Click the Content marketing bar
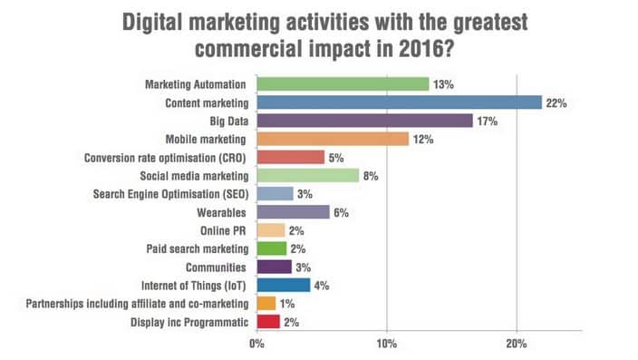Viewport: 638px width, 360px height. [399, 102]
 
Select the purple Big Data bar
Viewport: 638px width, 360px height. [364, 121]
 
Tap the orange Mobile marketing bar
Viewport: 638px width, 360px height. [333, 139]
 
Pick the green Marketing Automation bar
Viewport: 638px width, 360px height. [343, 83]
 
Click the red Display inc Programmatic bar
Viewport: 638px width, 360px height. [268, 321]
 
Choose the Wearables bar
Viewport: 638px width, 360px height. [293, 212]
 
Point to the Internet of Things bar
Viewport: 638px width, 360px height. [283, 285]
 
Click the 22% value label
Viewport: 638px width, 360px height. [556, 102]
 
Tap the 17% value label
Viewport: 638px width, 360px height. [488, 121]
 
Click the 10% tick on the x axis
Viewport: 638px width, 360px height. [387, 344]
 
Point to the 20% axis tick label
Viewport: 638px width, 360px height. [517, 344]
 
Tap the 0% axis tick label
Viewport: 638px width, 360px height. [257, 344]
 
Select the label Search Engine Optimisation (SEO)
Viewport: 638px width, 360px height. [170, 194]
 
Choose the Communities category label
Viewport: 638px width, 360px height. [215, 267]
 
